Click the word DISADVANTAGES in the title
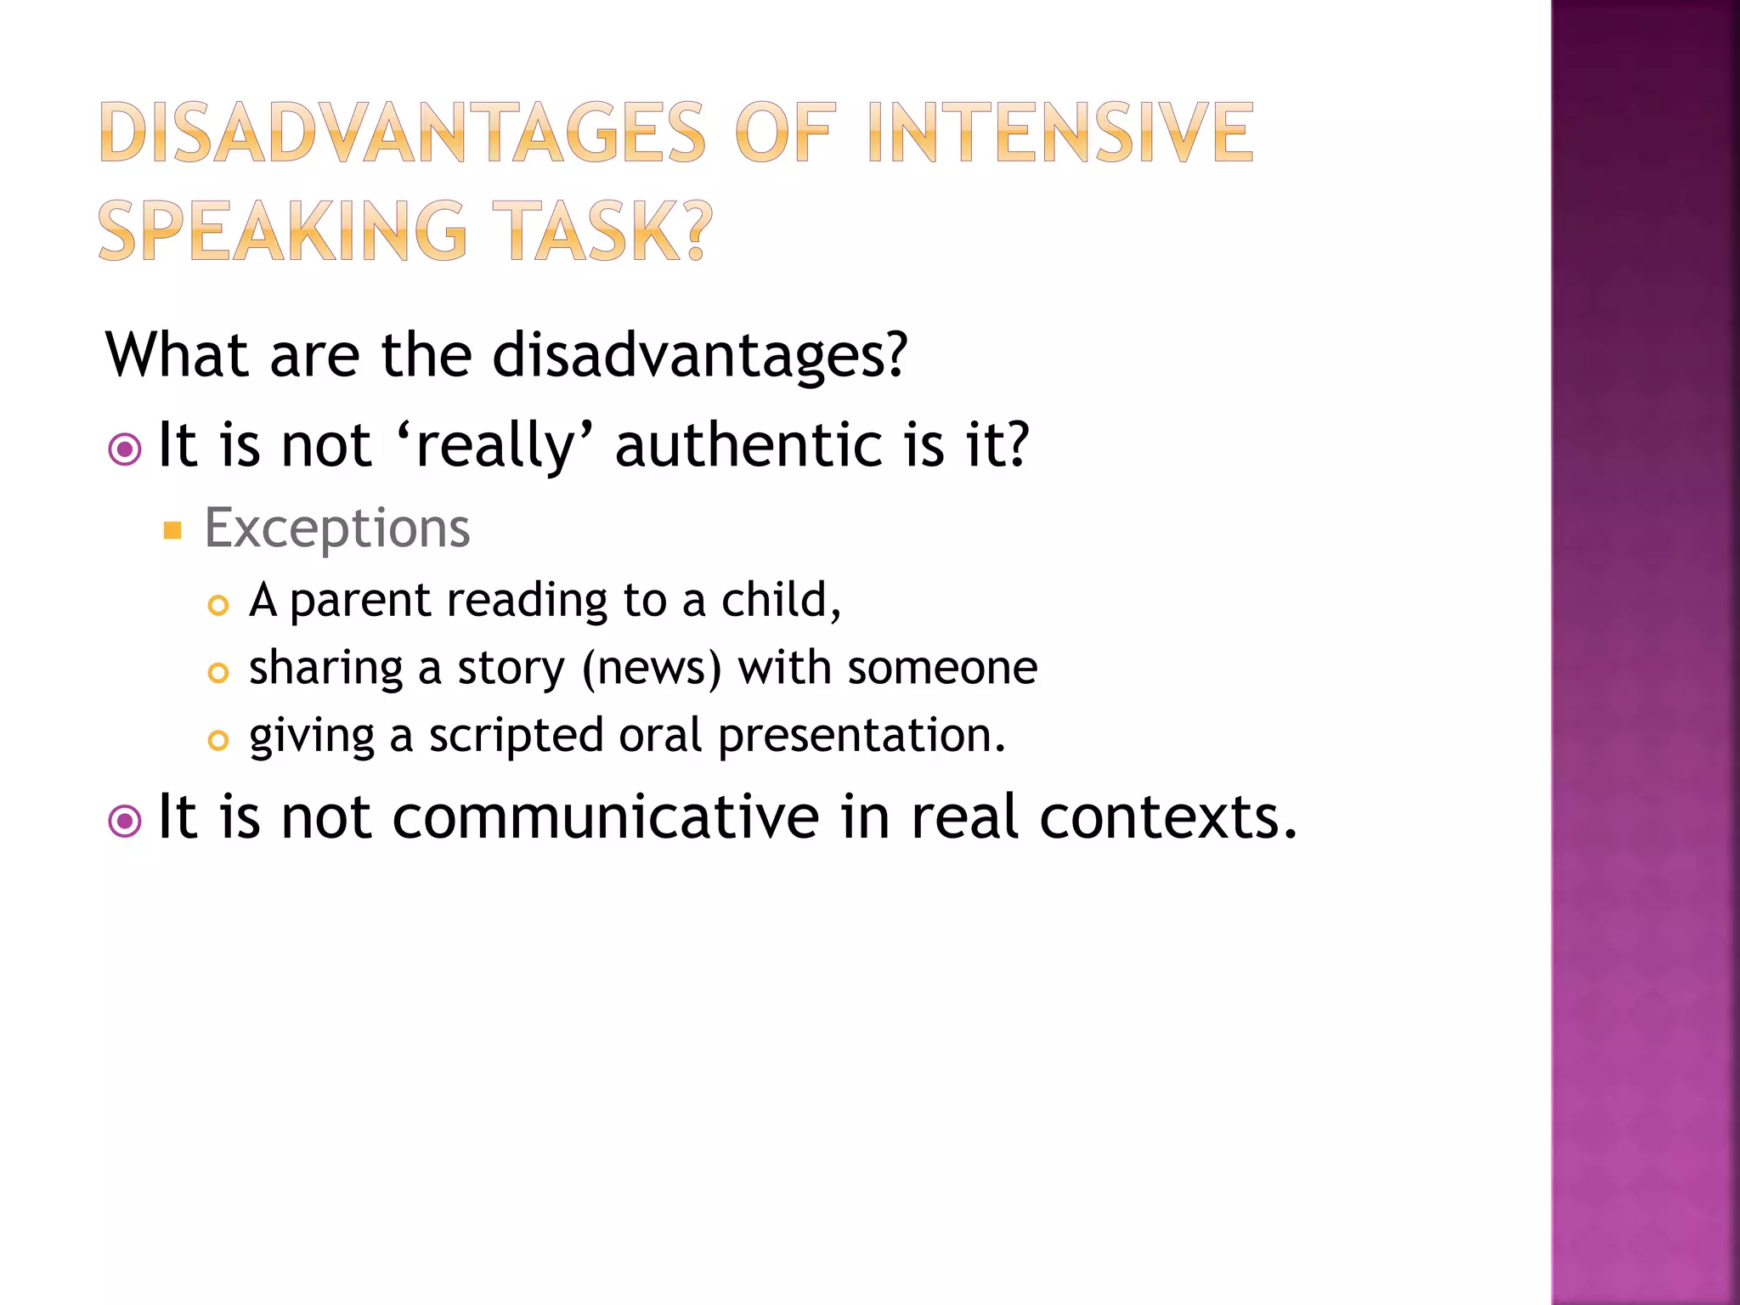pyautogui.click(x=402, y=133)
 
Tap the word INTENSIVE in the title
pyautogui.click(x=1060, y=133)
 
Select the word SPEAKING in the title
pyautogui.click(x=283, y=231)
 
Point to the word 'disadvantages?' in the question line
pyautogui.click(x=700, y=355)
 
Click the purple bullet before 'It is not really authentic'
pyautogui.click(x=125, y=449)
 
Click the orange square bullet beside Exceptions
pyautogui.click(x=172, y=531)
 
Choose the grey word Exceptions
pyautogui.click(x=336, y=528)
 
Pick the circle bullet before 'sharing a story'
pyautogui.click(x=218, y=673)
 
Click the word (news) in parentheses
pyautogui.click(x=652, y=669)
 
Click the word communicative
pyautogui.click(x=606, y=817)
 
